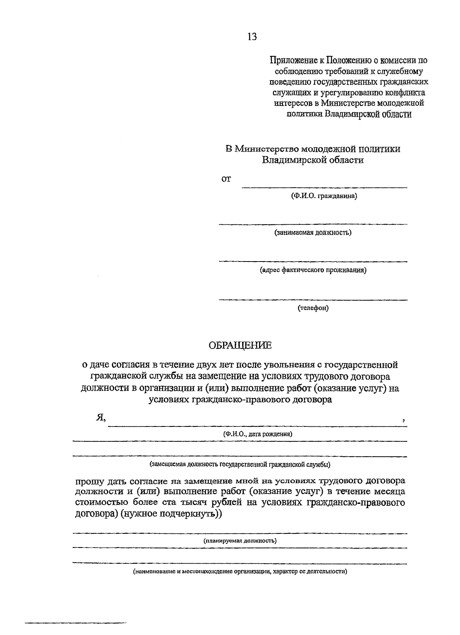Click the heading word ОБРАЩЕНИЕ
(x=240, y=345)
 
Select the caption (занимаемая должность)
(x=313, y=232)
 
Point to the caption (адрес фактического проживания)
(x=313, y=270)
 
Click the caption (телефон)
(x=313, y=308)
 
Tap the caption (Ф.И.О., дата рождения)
(x=257, y=434)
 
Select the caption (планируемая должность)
(x=240, y=541)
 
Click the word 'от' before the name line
(x=226, y=179)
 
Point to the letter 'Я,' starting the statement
(x=100, y=418)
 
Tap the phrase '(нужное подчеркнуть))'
(x=171, y=514)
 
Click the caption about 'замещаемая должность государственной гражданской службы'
(x=240, y=464)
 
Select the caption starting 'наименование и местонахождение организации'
(x=240, y=571)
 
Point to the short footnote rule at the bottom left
(x=76, y=622)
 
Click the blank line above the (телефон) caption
(x=313, y=299)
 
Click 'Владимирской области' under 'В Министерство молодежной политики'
(x=313, y=160)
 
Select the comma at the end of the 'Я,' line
(x=404, y=421)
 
